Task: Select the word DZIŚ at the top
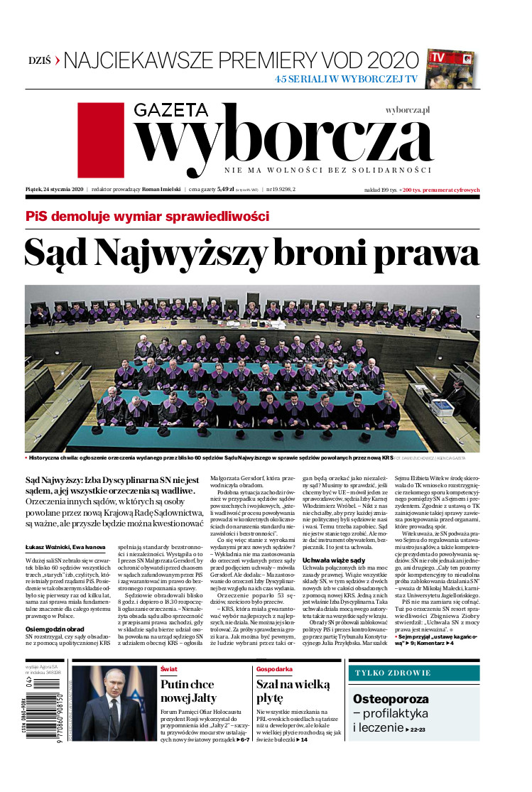(39, 60)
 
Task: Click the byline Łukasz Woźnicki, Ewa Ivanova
(65, 547)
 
